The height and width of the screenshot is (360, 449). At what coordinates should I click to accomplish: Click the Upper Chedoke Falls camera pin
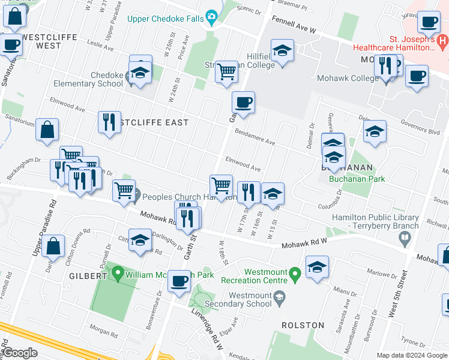(211, 17)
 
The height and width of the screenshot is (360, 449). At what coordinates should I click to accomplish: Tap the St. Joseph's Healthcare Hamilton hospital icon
(442, 41)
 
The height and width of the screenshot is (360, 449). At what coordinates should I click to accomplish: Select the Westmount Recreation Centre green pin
(294, 275)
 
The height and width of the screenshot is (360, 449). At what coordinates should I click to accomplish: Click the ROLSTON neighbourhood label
(303, 325)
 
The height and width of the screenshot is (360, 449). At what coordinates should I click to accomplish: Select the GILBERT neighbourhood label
(91, 276)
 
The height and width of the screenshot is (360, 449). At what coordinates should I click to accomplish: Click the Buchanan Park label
(357, 179)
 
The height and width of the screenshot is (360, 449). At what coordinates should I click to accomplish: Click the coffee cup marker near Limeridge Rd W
(178, 281)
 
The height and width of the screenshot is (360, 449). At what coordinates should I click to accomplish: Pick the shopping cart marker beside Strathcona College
(226, 71)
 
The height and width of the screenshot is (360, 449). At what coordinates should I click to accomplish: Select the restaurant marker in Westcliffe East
(109, 122)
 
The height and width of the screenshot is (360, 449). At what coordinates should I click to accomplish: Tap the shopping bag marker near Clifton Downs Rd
(53, 247)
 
